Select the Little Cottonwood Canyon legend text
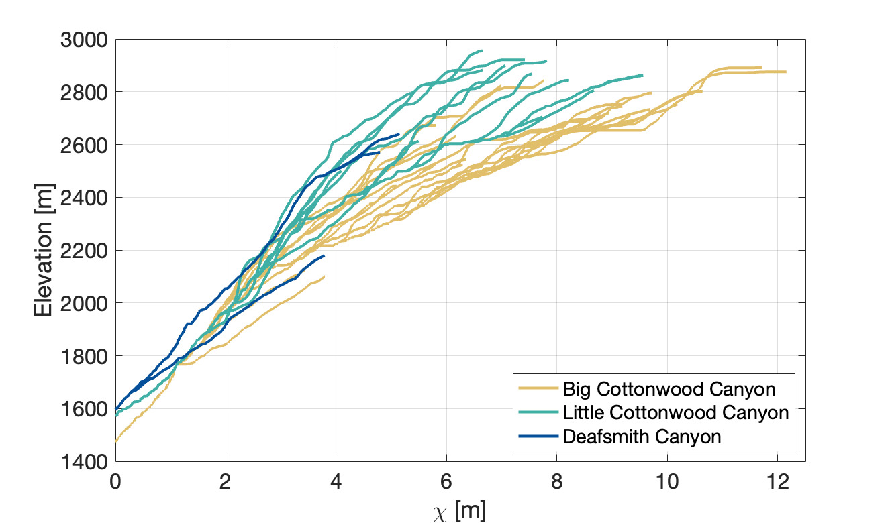coord(675,412)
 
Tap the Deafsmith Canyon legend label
coord(642,437)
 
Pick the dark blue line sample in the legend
coord(538,437)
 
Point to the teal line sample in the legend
coord(538,412)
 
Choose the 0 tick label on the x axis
coord(115,481)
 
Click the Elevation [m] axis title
coord(44,250)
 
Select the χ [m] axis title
coord(460,511)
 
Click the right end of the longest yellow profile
coord(785,72)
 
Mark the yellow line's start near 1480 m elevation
coord(116,441)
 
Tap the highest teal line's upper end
coord(482,50)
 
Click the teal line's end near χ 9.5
coord(642,75)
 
